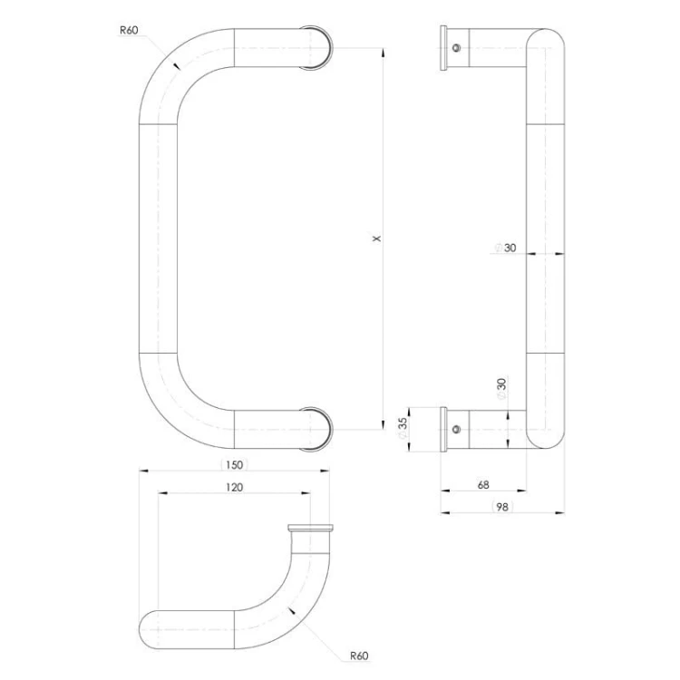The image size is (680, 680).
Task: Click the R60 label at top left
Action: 129,30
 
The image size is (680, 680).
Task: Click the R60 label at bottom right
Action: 360,656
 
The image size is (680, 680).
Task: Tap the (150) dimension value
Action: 234,465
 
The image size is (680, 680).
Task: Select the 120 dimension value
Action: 234,488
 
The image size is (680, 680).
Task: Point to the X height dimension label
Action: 377,238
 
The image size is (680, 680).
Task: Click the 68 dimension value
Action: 483,485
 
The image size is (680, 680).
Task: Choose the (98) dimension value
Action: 502,507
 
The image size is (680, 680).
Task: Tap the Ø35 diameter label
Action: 403,429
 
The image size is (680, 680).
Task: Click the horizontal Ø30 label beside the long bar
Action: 506,248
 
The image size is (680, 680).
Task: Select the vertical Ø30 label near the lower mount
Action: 501,389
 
